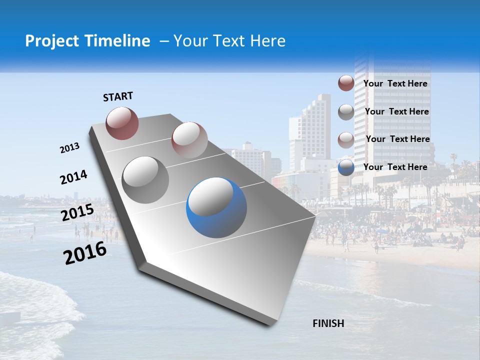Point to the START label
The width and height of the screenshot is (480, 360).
coord(118,96)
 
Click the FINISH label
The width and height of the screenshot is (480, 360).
coord(328,323)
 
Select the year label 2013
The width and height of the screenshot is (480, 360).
coord(70,148)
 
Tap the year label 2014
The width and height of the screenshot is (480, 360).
coord(73,177)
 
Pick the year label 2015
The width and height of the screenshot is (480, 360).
coord(77,213)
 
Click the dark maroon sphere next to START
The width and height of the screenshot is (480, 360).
coord(122,123)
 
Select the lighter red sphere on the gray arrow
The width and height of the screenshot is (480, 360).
coord(189,139)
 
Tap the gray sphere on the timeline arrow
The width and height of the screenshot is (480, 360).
coord(145,179)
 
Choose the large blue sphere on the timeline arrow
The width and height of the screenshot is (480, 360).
coord(216,208)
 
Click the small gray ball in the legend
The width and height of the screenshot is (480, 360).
coord(346,112)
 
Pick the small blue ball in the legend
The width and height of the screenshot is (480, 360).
coord(346,167)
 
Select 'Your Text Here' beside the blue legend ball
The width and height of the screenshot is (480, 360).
coord(395,167)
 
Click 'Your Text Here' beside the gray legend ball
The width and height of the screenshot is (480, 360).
coord(397,111)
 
